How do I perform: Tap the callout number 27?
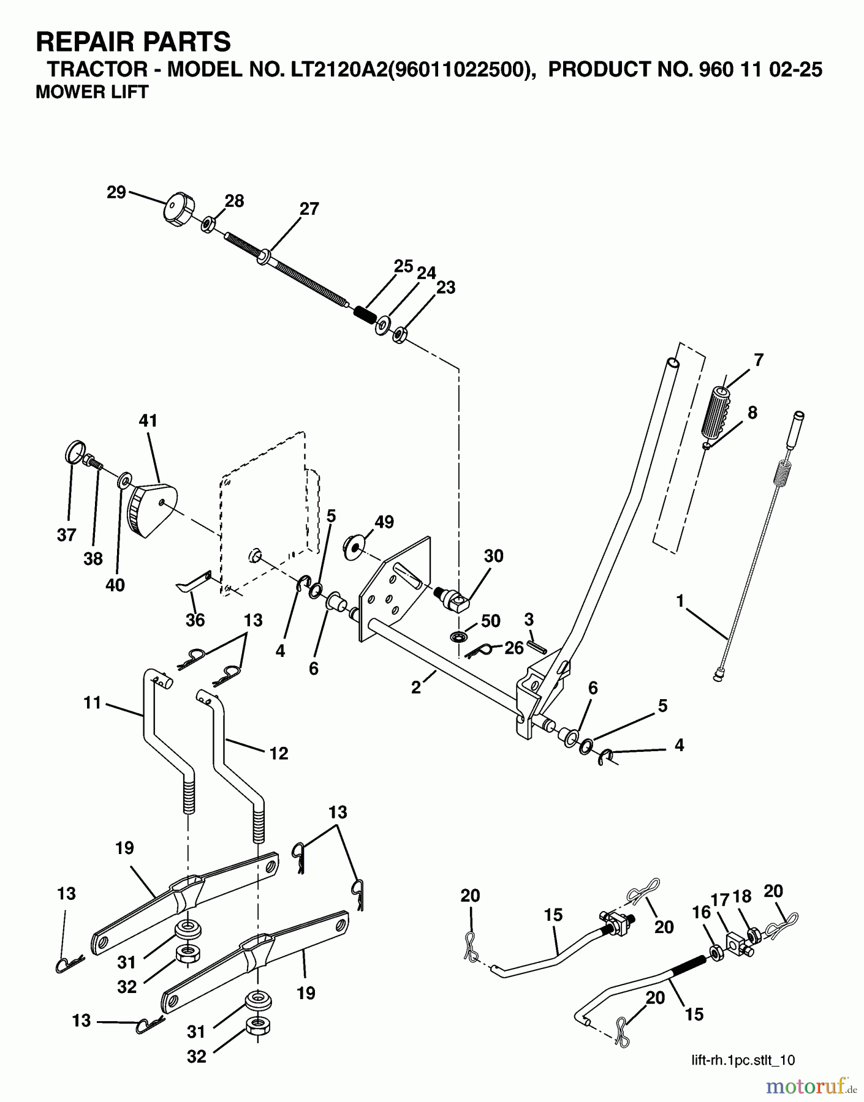309,209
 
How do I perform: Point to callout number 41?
148,421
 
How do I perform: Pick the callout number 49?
384,522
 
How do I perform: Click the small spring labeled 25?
365,318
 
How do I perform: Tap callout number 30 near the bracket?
493,556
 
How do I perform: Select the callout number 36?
195,620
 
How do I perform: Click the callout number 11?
92,703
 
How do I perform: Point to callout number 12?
278,753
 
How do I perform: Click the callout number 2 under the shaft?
417,688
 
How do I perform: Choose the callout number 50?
491,621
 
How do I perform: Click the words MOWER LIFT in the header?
92,92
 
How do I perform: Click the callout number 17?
719,899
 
